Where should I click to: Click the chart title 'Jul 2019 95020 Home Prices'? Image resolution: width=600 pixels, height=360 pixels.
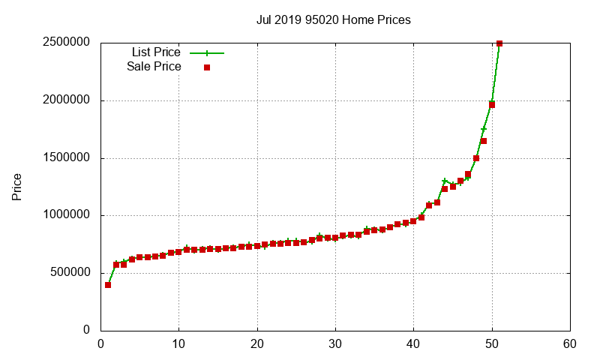333,20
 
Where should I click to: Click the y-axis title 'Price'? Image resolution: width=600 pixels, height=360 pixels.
16,187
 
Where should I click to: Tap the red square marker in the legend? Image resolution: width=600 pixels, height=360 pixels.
207,67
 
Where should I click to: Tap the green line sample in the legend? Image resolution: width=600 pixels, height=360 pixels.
207,53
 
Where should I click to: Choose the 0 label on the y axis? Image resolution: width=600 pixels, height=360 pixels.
86,331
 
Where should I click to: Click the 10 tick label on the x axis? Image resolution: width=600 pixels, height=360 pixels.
178,344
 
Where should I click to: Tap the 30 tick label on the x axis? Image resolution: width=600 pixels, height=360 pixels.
335,344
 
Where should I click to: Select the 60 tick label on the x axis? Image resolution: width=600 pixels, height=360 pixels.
570,344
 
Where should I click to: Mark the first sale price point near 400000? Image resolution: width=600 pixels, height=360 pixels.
108,285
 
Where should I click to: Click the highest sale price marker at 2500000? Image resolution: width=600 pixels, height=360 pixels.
499,43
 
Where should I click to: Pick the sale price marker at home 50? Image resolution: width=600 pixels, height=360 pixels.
492,104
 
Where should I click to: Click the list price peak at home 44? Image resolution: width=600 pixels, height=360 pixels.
445,181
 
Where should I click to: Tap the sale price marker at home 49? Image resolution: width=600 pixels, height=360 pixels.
484,141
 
